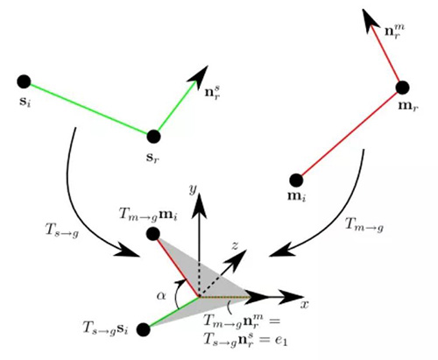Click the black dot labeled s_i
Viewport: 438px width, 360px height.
(24, 81)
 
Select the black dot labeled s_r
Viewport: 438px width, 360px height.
(153, 137)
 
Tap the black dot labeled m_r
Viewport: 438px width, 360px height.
(402, 88)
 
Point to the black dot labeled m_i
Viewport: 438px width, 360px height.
(296, 180)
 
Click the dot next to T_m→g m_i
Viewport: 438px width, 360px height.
(153, 234)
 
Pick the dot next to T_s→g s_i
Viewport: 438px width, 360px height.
(144, 329)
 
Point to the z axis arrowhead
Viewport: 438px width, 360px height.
(237, 260)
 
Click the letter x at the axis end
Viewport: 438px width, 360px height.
(304, 305)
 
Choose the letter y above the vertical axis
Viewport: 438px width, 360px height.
(193, 190)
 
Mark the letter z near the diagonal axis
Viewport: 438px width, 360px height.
(235, 246)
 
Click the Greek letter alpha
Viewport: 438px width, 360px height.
(161, 296)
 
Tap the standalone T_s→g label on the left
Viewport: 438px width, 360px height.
(62, 230)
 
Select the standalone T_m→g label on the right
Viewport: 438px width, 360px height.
(364, 225)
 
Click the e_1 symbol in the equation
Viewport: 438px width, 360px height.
(281, 340)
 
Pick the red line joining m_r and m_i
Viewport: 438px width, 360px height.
(350, 134)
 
